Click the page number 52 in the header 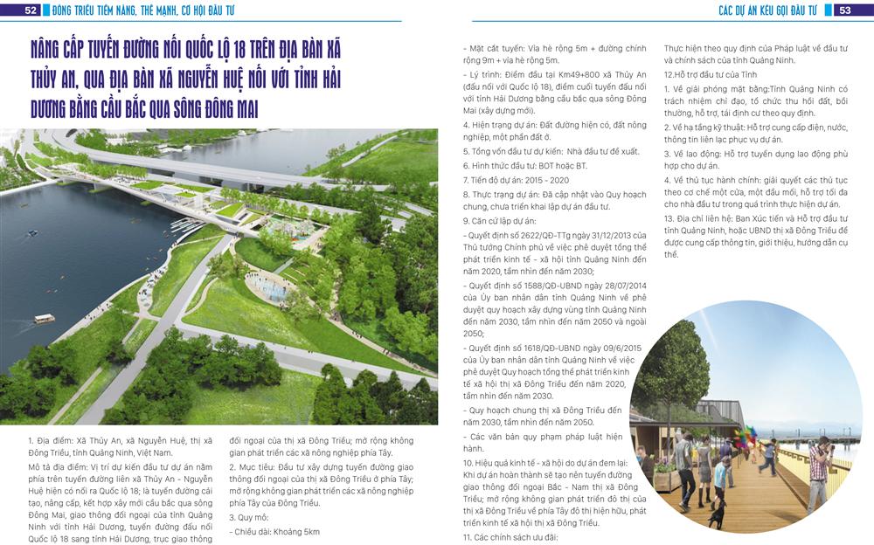(x=31, y=10)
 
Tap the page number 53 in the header (x=845, y=10)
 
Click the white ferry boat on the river (x=45, y=318)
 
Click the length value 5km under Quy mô (x=312, y=532)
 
